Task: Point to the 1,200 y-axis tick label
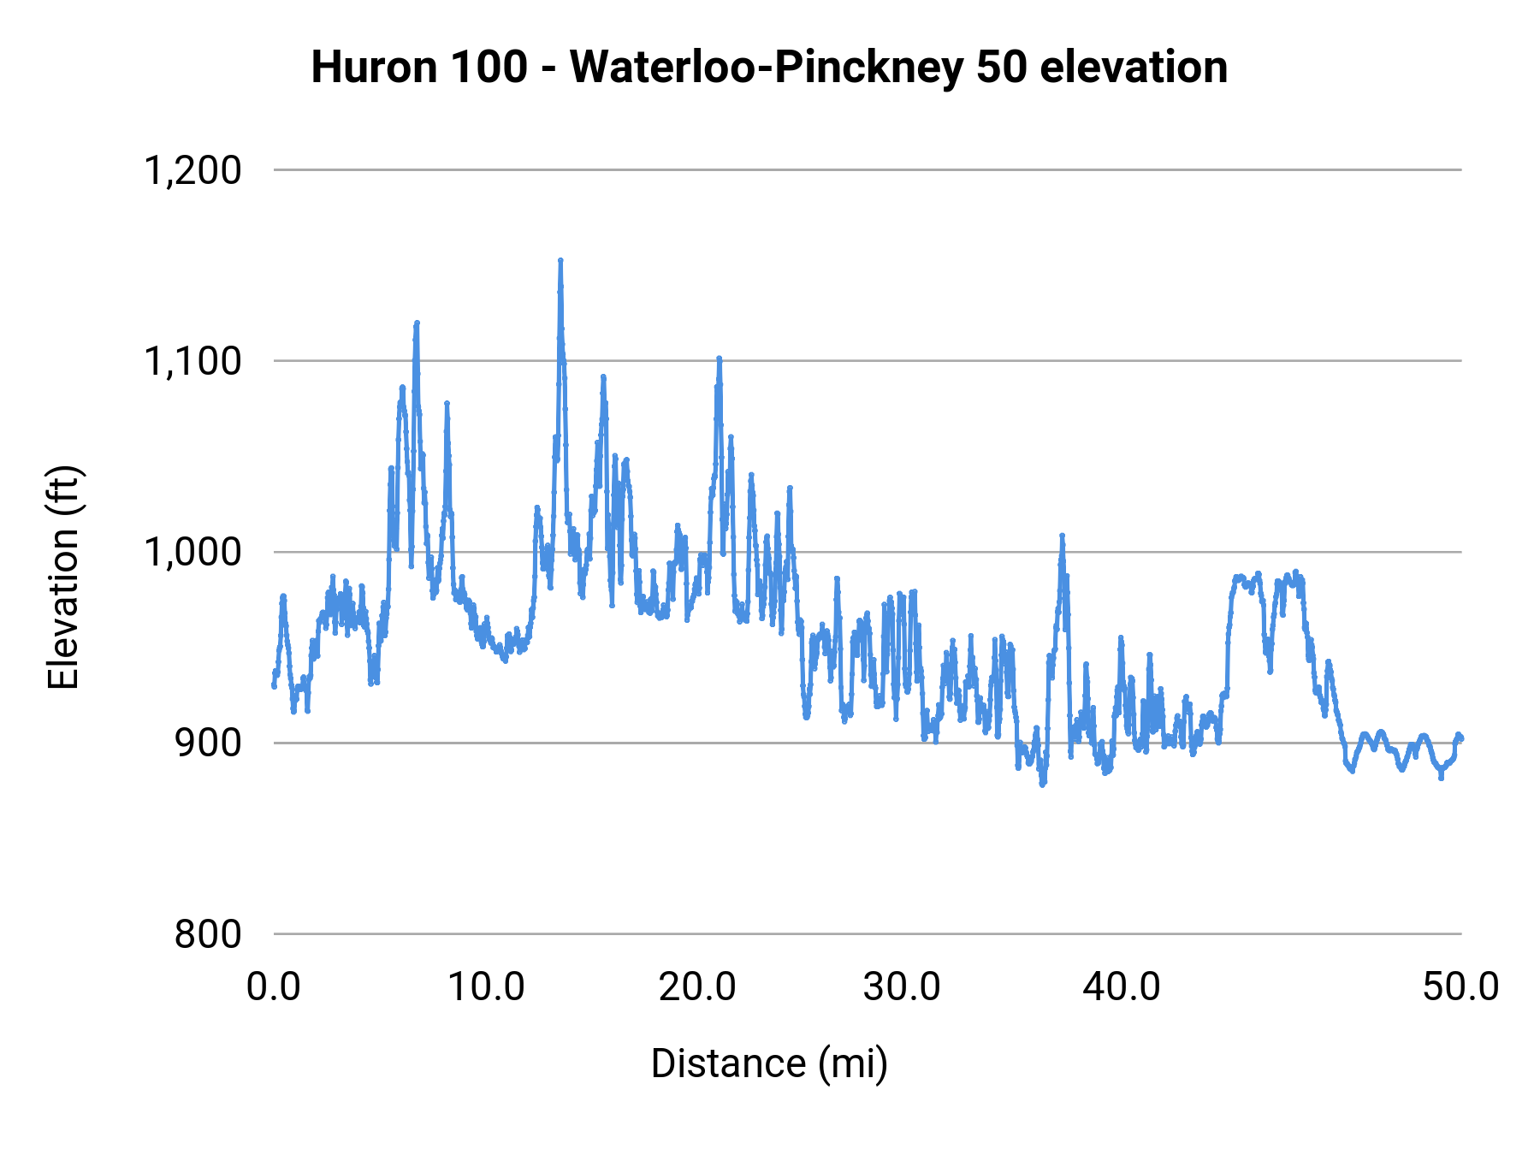coord(192,170)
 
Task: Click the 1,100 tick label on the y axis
coord(192,361)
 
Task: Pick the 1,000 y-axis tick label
coord(192,552)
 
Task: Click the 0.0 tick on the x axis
coord(274,987)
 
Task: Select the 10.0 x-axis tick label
coord(486,987)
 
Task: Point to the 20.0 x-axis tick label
coord(697,987)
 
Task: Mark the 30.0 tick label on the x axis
coord(902,987)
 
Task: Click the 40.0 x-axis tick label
coord(1122,987)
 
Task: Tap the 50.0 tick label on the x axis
coord(1461,987)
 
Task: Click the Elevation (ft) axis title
coord(63,577)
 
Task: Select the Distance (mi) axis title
coord(769,1063)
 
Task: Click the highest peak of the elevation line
coord(560,261)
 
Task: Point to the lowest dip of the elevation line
coord(1042,784)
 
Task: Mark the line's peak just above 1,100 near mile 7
coord(417,323)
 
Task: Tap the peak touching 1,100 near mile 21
coord(720,358)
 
